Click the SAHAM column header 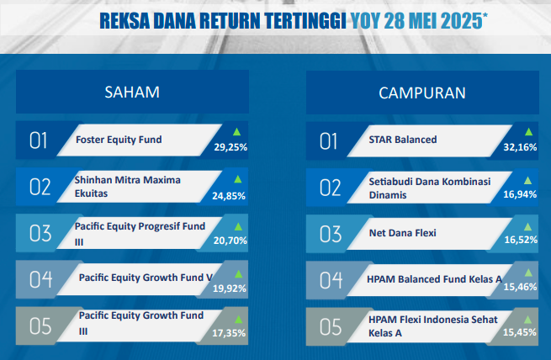[132, 92]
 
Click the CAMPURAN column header [422, 93]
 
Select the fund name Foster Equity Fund [119, 140]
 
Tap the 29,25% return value [230, 147]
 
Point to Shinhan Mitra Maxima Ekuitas [128, 187]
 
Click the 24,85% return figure [229, 196]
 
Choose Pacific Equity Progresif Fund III [140, 234]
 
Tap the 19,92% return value [230, 289]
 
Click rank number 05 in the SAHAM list [40, 326]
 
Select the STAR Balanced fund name [403, 140]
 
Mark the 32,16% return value [520, 147]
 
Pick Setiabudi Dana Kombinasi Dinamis [430, 188]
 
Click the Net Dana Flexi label [403, 233]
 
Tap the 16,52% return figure [521, 240]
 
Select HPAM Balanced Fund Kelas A [434, 279]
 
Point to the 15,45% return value [520, 332]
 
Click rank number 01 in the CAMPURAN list [329, 141]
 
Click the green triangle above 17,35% [239, 320]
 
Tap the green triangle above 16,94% [527, 181]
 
